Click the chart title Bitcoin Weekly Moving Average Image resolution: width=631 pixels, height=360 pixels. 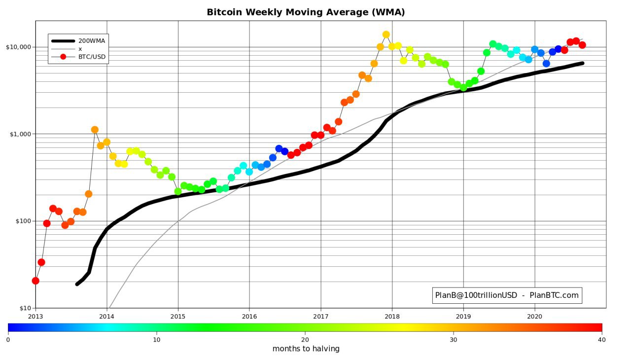point(306,12)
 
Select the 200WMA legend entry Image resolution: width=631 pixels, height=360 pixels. point(91,41)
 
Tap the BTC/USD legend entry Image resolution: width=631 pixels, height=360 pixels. point(92,57)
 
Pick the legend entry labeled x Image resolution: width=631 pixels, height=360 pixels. point(80,49)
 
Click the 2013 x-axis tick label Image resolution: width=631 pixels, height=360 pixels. point(35,316)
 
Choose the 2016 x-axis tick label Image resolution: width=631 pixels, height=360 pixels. point(249,316)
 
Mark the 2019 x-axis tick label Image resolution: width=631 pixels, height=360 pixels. point(463,316)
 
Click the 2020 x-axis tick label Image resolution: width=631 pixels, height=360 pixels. point(535,316)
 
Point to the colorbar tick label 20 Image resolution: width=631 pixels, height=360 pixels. point(305,339)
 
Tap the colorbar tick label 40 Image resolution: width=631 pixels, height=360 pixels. point(602,339)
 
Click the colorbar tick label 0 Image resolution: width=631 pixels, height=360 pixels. point(8,339)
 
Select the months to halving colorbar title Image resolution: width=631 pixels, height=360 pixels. point(306,349)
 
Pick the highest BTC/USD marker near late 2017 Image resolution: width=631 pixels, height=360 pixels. point(386,35)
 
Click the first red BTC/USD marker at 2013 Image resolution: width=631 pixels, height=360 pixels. point(35,281)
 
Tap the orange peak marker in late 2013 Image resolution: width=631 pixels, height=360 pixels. point(95,130)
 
